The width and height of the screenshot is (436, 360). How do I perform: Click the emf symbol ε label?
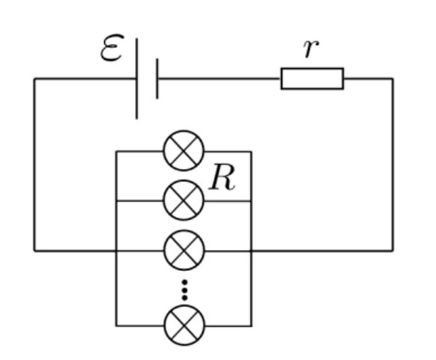click(x=112, y=47)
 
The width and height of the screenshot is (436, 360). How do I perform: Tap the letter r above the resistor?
click(x=311, y=49)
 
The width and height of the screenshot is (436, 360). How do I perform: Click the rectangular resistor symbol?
click(x=312, y=79)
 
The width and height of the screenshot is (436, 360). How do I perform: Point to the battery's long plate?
click(x=136, y=79)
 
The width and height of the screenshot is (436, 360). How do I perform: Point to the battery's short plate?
click(x=157, y=79)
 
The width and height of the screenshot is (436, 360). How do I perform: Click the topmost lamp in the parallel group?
click(x=184, y=150)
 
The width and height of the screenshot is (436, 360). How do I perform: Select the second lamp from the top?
click(x=184, y=201)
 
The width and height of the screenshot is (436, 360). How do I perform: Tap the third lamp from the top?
click(x=184, y=250)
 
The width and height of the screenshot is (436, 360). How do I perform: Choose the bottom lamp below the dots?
click(x=184, y=326)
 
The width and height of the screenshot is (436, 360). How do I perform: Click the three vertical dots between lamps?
click(x=184, y=290)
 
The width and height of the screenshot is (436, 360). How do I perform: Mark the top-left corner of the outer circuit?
click(x=34, y=79)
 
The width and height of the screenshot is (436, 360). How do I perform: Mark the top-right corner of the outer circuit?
click(x=393, y=79)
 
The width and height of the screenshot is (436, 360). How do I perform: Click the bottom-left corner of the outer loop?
click(x=34, y=251)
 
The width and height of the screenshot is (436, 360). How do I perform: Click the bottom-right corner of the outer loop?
click(x=393, y=251)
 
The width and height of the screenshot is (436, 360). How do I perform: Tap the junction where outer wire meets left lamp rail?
click(x=116, y=251)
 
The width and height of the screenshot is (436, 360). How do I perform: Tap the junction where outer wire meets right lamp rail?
click(x=252, y=251)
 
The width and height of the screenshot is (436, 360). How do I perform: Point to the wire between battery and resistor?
click(x=219, y=79)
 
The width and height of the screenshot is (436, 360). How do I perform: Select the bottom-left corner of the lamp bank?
click(x=116, y=326)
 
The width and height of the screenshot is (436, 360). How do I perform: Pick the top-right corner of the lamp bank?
click(x=252, y=152)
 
